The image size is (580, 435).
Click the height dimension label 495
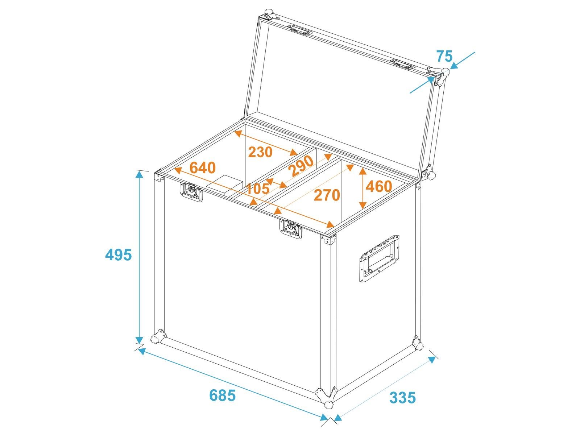click(x=119, y=255)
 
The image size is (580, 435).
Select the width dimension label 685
click(x=222, y=395)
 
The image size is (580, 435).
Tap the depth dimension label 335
click(x=402, y=398)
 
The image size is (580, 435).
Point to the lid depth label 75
click(x=444, y=56)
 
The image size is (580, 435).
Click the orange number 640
click(x=203, y=168)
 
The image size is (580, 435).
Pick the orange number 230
click(x=260, y=152)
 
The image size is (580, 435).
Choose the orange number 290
click(x=302, y=166)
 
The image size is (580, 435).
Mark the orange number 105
click(x=258, y=188)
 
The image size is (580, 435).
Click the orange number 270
click(x=327, y=195)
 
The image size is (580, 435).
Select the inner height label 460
click(x=379, y=186)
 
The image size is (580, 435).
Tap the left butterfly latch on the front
click(x=191, y=192)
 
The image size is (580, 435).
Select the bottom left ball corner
click(x=158, y=336)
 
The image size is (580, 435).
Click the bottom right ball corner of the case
click(x=417, y=343)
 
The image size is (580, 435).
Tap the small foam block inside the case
click(x=224, y=185)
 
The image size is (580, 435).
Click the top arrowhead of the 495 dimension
click(x=139, y=174)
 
